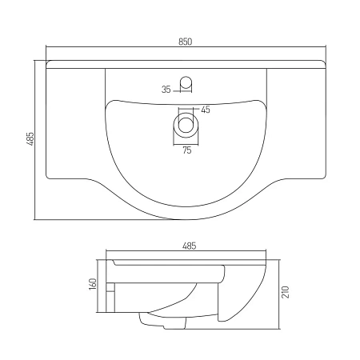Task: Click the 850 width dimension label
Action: [x=185, y=42]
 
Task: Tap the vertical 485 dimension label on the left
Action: [x=30, y=138]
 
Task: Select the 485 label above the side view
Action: [x=189, y=246]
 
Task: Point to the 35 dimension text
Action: [x=166, y=90]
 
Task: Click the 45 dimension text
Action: [x=206, y=110]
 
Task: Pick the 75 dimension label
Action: [x=187, y=150]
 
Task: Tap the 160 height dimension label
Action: [x=93, y=284]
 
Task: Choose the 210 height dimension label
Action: [x=286, y=292]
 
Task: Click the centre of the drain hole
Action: [x=186, y=125]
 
